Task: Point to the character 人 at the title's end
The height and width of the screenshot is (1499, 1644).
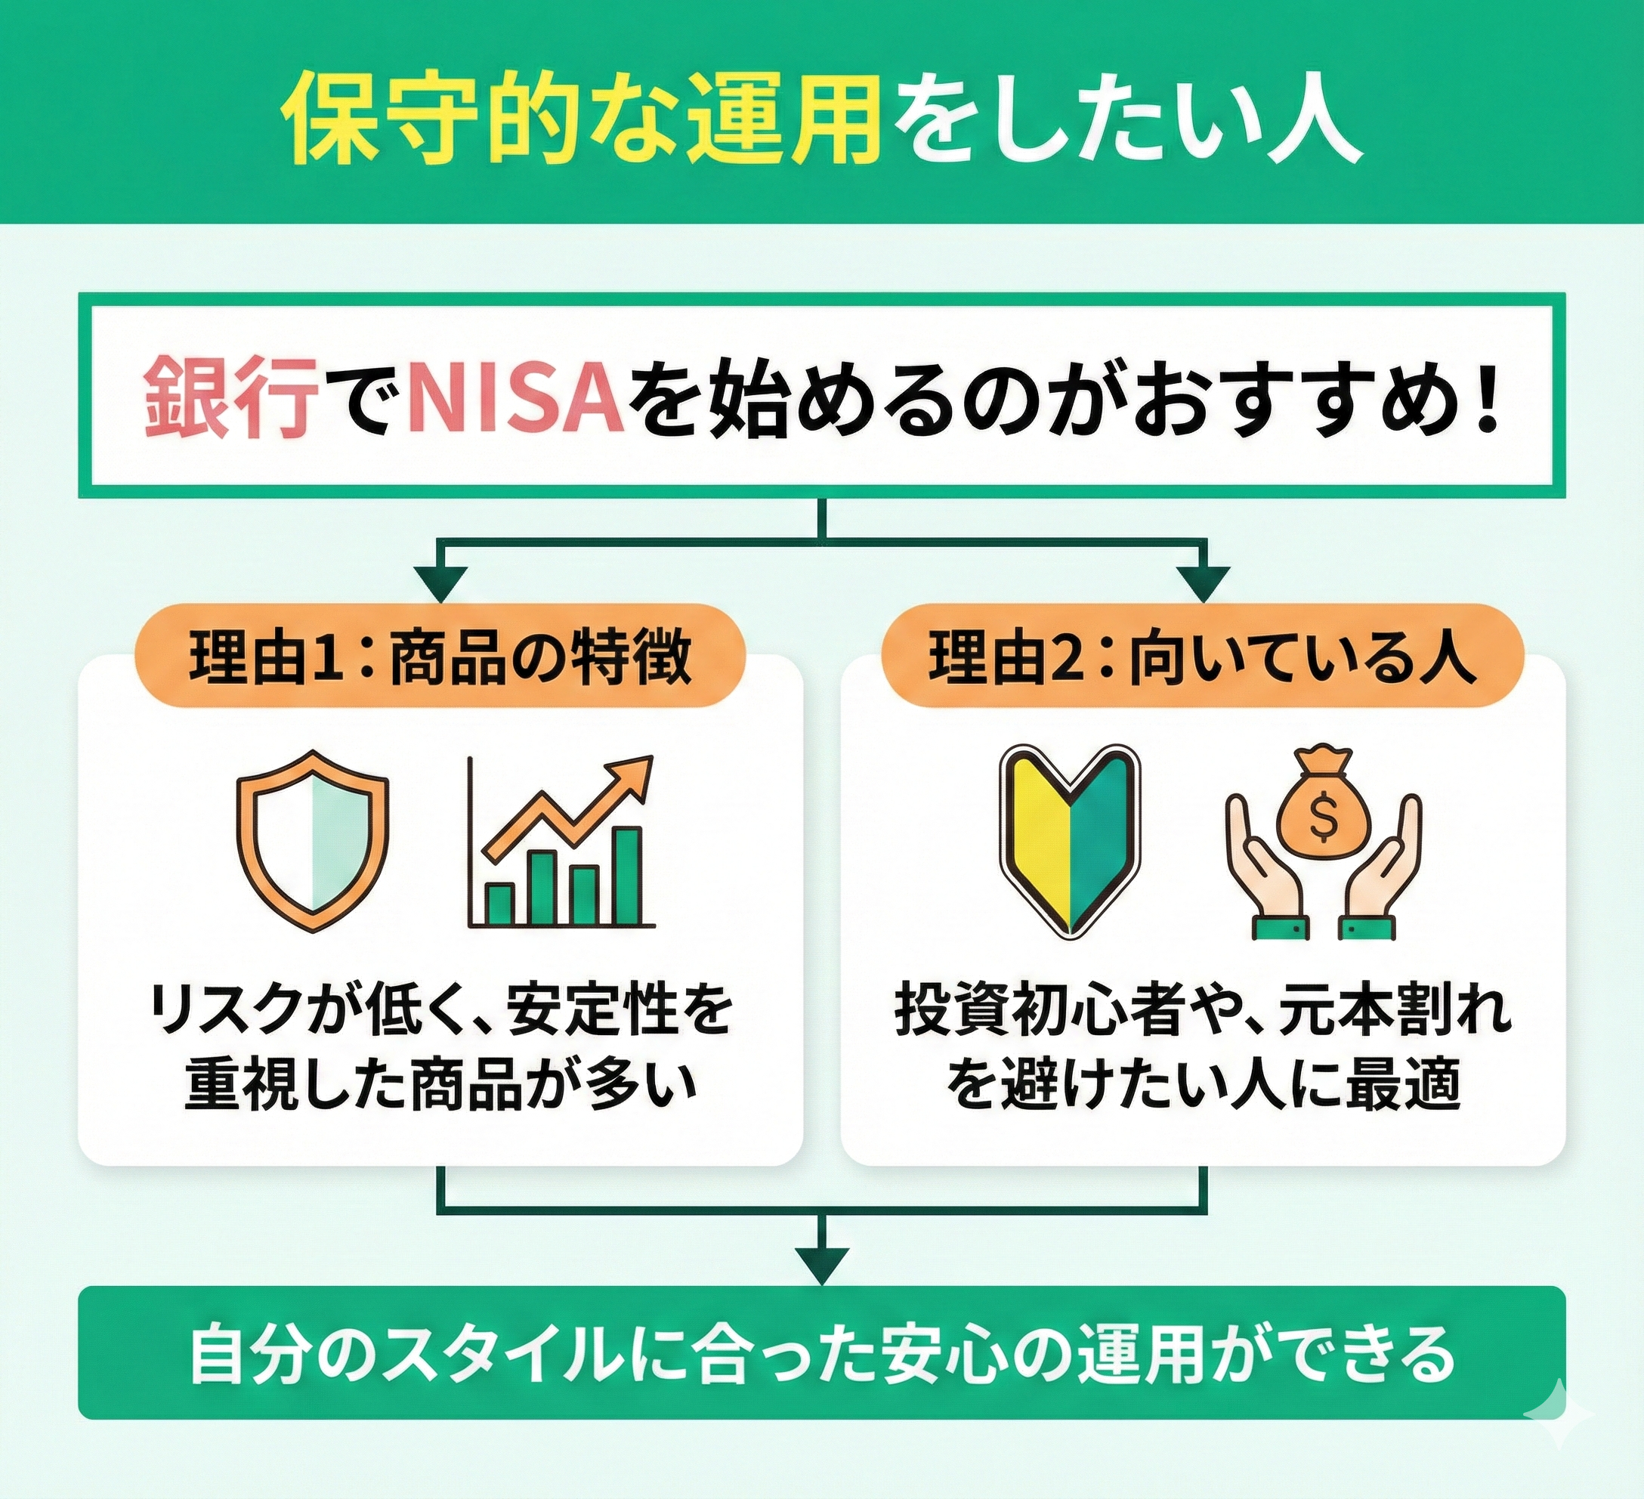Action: (x=1308, y=122)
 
